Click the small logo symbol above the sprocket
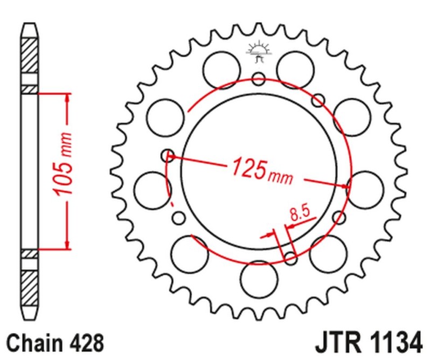click(258, 51)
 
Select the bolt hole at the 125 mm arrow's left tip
click(168, 156)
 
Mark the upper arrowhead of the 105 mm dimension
click(67, 97)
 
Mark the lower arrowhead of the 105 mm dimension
click(67, 245)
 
